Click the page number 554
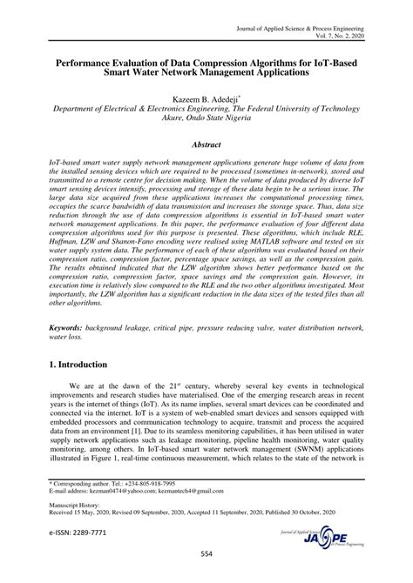206,553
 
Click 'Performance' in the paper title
91,64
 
